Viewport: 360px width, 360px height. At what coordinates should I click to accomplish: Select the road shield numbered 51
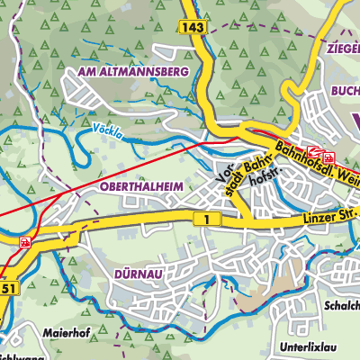[8, 288]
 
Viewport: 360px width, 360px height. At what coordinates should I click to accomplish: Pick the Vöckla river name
[106, 130]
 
